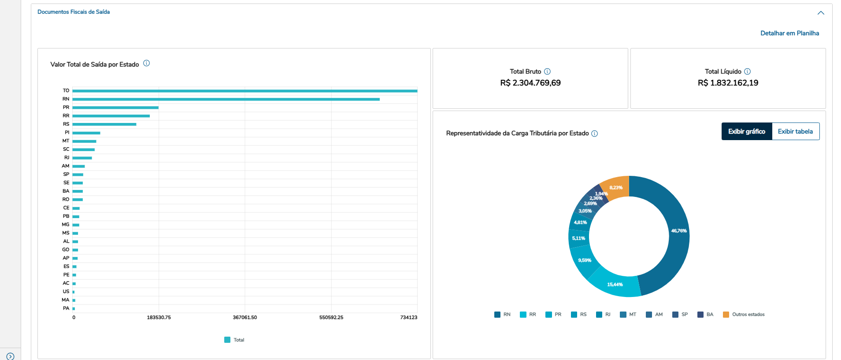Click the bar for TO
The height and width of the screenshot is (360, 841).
click(245, 91)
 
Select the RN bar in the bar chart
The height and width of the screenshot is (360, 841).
click(226, 99)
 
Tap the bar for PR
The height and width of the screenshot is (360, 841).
click(115, 108)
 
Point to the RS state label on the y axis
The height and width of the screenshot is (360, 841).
click(66, 124)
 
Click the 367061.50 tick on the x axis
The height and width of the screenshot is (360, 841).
click(245, 317)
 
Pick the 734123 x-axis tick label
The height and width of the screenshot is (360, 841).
click(408, 317)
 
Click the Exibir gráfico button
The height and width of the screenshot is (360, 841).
click(746, 131)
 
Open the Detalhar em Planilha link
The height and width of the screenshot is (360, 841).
click(789, 33)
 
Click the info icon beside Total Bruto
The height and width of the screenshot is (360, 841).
click(547, 71)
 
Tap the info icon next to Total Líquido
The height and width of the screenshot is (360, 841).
click(747, 71)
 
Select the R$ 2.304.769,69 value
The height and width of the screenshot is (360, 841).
click(530, 83)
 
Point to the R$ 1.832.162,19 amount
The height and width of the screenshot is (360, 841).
click(728, 83)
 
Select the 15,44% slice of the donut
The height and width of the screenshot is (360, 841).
click(615, 285)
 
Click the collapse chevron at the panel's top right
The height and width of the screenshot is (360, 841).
click(821, 13)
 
